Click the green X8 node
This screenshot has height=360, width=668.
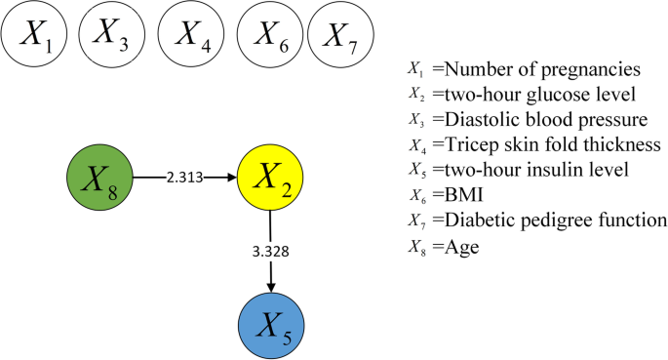[99, 179]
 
